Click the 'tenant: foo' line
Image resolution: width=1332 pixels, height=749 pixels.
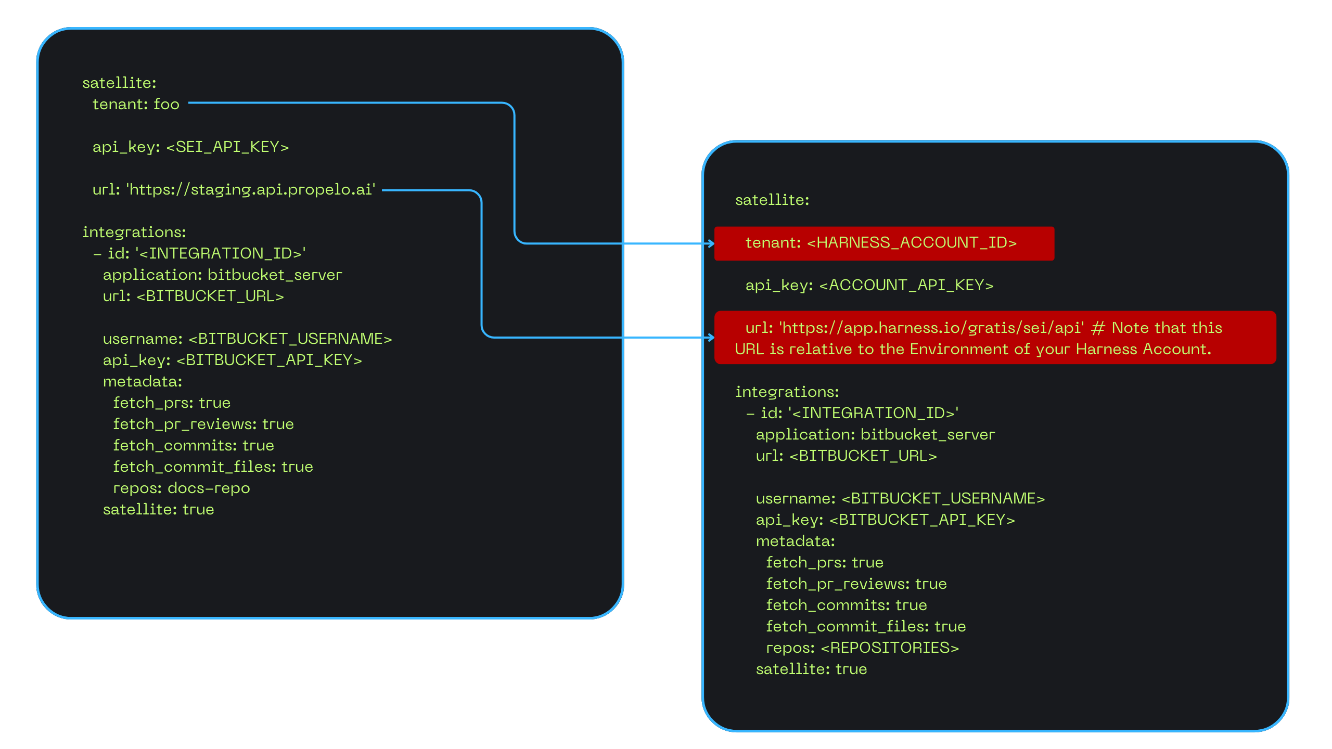pyautogui.click(x=136, y=104)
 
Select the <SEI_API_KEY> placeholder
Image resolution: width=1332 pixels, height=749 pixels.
pyautogui.click(x=227, y=147)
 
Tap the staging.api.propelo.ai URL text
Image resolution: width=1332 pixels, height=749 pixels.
pyautogui.click(x=250, y=189)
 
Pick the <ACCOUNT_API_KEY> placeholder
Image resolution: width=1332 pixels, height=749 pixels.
pyautogui.click(x=906, y=285)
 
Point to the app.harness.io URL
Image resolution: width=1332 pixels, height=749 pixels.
pyautogui.click(x=932, y=328)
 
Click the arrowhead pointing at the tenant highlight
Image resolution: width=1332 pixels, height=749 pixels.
pyautogui.click(x=711, y=243)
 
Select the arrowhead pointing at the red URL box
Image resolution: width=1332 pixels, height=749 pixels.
pyautogui.click(x=711, y=338)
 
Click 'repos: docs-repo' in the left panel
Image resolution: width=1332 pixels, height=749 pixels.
pyautogui.click(x=182, y=488)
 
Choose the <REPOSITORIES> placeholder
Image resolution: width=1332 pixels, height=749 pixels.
pyautogui.click(x=890, y=648)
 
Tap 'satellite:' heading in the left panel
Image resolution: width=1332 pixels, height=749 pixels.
pyautogui.click(x=119, y=83)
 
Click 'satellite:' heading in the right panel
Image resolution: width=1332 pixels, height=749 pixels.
pyautogui.click(x=772, y=200)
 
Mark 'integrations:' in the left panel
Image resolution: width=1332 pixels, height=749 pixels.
pyautogui.click(x=134, y=232)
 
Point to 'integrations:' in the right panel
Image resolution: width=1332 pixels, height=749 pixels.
pyautogui.click(x=787, y=392)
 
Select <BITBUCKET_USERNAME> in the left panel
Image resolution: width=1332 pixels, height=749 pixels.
pyautogui.click(x=290, y=339)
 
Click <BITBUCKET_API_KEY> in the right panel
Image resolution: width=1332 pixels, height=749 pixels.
pyautogui.click(x=922, y=520)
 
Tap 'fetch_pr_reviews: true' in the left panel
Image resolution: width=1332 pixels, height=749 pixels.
pyautogui.click(x=203, y=424)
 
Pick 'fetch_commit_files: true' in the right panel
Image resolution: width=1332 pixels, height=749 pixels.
pyautogui.click(x=866, y=626)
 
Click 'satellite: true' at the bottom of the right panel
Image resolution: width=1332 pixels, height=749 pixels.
pyautogui.click(x=811, y=669)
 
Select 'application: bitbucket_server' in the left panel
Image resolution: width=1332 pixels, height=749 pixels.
pyautogui.click(x=223, y=275)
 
